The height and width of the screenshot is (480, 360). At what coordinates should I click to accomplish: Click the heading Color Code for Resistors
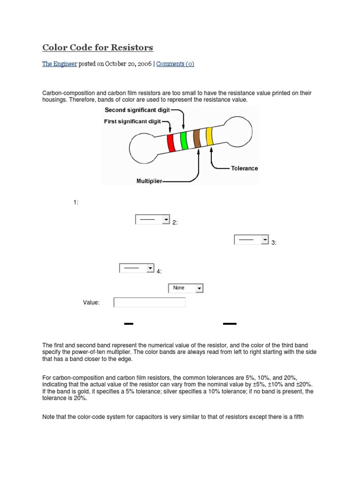tap(97, 48)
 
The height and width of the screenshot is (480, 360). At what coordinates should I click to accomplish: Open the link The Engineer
tap(60, 64)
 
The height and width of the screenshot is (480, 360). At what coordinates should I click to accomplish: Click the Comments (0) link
tap(175, 64)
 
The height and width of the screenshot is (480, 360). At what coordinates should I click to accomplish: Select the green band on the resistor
tap(184, 140)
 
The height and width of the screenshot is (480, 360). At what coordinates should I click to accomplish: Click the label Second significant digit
tap(137, 110)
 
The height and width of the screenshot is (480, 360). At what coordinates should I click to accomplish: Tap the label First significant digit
tap(132, 121)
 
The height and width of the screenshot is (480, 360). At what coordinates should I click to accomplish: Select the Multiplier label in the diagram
tap(149, 180)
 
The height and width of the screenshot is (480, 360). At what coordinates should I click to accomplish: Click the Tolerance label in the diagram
tap(244, 168)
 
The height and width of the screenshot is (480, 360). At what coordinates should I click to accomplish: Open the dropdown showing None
tap(186, 288)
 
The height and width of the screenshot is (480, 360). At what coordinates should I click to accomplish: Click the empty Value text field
tap(150, 302)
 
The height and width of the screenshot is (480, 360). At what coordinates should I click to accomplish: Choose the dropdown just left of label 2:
tap(152, 220)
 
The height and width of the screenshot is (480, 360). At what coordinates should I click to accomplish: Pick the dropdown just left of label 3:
tap(251, 240)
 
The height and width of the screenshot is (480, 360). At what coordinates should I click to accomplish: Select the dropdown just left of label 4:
tap(137, 268)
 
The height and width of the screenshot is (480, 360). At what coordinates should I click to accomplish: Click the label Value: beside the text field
tap(91, 303)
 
